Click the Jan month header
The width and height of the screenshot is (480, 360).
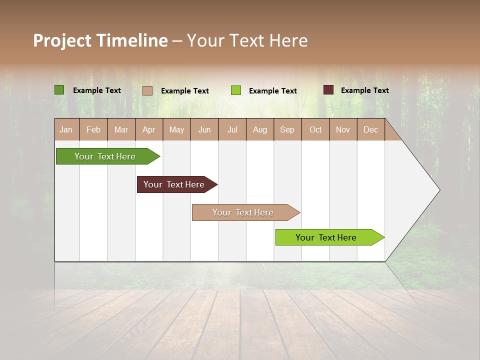pyautogui.click(x=66, y=129)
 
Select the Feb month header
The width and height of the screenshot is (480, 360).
pyautogui.click(x=93, y=129)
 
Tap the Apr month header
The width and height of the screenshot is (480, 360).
pyautogui.click(x=149, y=129)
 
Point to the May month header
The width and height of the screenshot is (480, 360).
pyautogui.click(x=176, y=129)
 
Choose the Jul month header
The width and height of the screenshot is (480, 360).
pyautogui.click(x=232, y=129)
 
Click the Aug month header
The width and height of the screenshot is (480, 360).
pyautogui.click(x=260, y=129)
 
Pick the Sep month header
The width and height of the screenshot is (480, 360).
pyautogui.click(x=287, y=129)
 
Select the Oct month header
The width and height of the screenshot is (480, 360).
pyautogui.click(x=315, y=129)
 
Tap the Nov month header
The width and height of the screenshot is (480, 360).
pyautogui.click(x=343, y=129)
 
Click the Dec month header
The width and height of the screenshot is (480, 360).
pyautogui.click(x=371, y=129)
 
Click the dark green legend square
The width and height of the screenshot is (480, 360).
pyautogui.click(x=59, y=90)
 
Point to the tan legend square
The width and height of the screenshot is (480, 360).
pyautogui.click(x=147, y=90)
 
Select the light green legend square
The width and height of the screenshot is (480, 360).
pyautogui.click(x=236, y=90)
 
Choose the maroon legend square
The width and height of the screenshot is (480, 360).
pyautogui.click(x=328, y=90)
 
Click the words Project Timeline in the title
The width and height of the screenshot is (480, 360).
pyautogui.click(x=100, y=40)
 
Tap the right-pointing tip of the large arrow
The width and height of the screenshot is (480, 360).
pyautogui.click(x=437, y=190)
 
